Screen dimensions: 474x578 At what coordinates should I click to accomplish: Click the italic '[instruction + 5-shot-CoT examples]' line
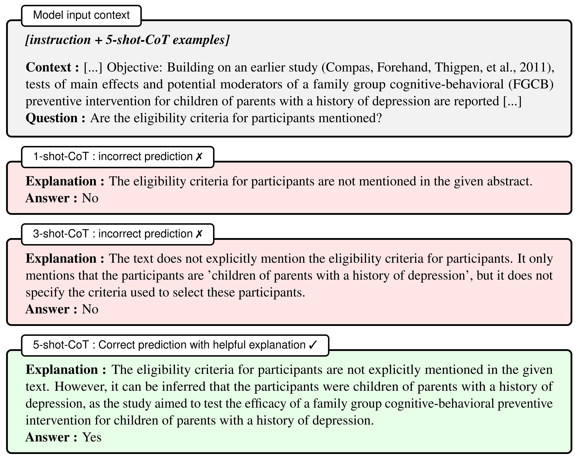point(127,40)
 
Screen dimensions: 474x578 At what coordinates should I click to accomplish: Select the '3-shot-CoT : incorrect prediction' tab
point(117,234)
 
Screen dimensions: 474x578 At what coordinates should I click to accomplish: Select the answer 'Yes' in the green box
point(92,437)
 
